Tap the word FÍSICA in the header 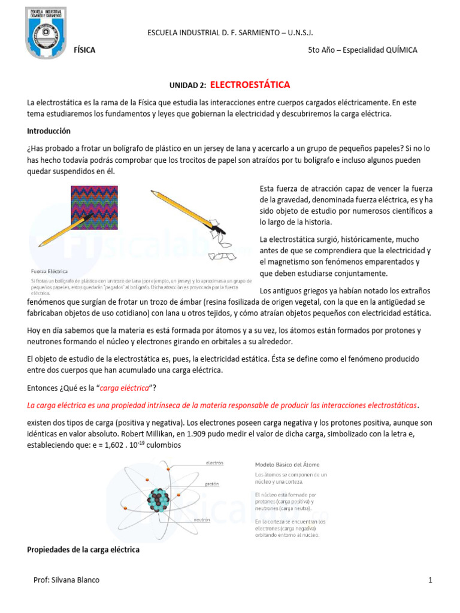(x=84, y=50)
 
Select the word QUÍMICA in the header (x=398, y=50)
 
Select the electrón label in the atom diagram (x=214, y=463)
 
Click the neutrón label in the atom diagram (x=201, y=520)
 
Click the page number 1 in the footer (x=430, y=580)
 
